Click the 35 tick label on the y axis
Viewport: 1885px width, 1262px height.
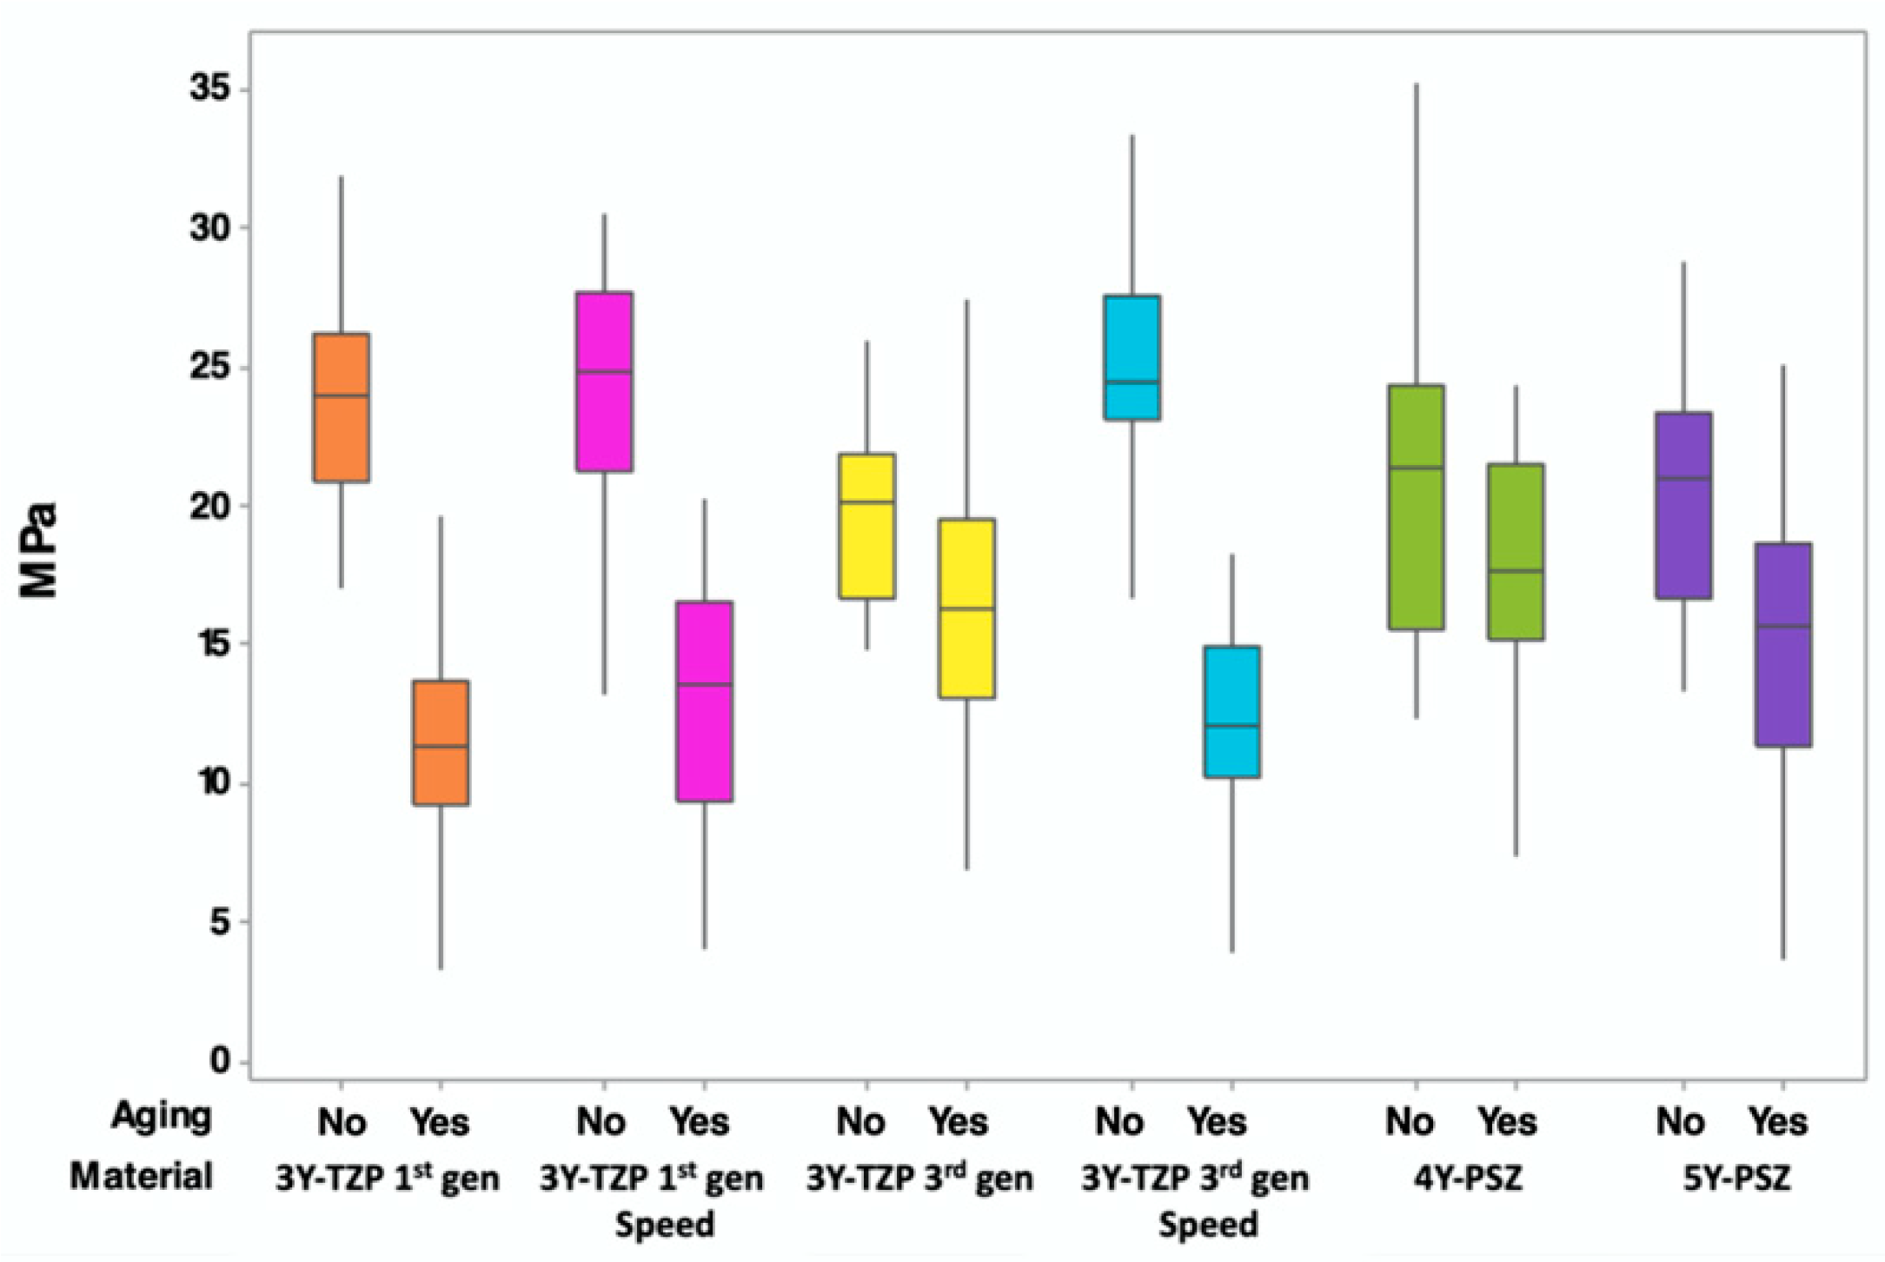[211, 90]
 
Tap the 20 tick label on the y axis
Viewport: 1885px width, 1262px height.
[211, 506]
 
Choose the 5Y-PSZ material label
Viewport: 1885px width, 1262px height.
[1735, 1178]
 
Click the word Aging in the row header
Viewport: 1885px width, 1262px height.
[162, 1118]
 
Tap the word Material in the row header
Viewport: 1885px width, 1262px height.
[142, 1176]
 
